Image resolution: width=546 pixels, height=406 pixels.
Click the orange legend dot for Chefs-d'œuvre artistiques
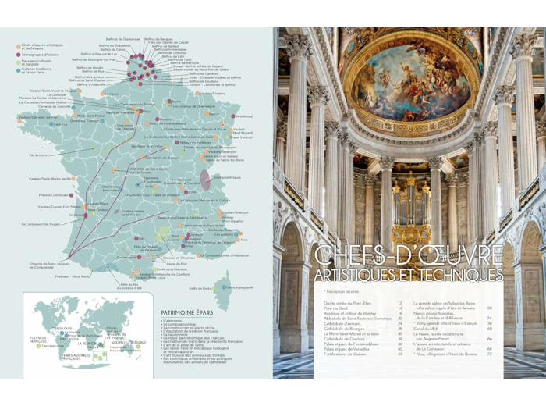pyautogui.click(x=18, y=46)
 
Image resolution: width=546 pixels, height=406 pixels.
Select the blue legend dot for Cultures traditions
pyautogui.click(x=18, y=69)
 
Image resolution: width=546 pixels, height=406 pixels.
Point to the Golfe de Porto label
pyautogui.click(x=200, y=288)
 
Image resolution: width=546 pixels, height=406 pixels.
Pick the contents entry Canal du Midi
pyautogui.click(x=433, y=329)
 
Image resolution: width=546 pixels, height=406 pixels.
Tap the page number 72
pyautogui.click(x=489, y=354)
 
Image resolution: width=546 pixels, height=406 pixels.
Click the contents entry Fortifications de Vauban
pyautogui.click(x=349, y=354)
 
